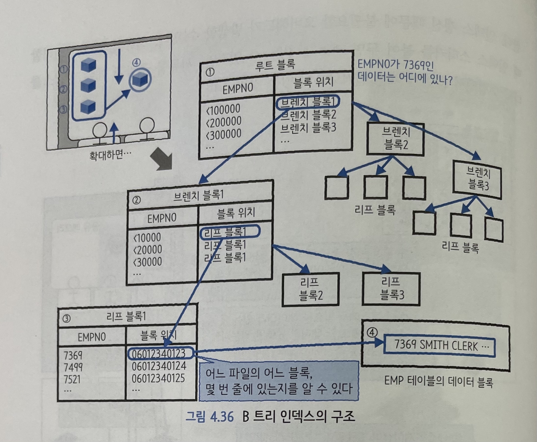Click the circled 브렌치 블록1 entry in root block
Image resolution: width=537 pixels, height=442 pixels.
coord(308,102)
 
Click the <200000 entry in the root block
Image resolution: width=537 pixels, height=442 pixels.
coord(223,122)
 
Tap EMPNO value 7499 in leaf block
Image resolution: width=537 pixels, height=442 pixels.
coord(73,367)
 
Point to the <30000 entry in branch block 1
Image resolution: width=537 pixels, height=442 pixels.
coord(148,262)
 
